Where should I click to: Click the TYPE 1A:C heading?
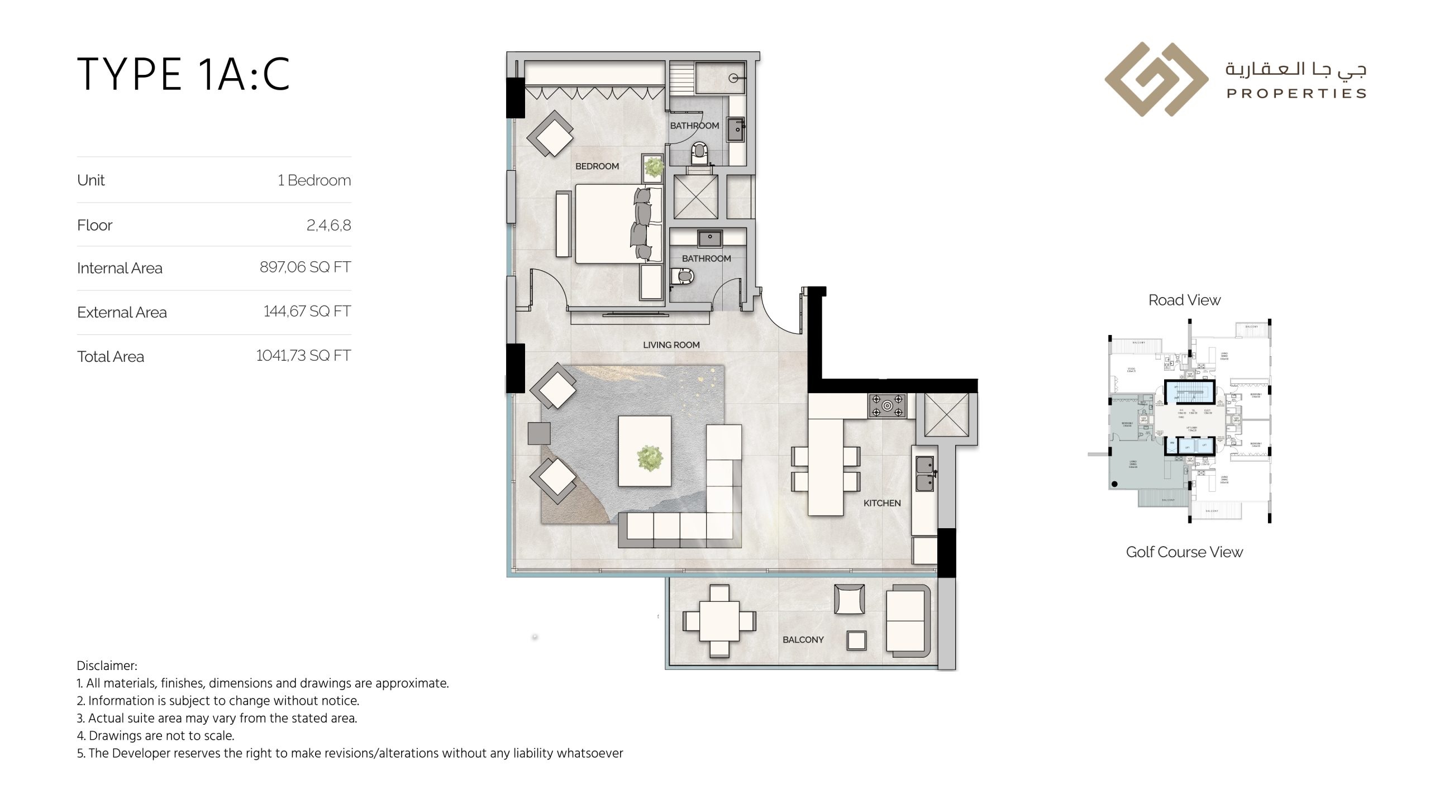pos(183,74)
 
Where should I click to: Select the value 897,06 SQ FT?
pos(305,267)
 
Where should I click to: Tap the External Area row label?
pos(122,313)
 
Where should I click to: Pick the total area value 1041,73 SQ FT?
pos(303,356)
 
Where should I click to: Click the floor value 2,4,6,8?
pos(328,226)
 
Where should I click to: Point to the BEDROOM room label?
pos(597,166)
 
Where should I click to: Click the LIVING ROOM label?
pos(671,345)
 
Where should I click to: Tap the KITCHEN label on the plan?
pos(882,503)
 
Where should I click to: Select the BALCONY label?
pos(803,640)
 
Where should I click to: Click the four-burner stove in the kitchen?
pos(887,406)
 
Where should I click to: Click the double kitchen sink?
pos(924,474)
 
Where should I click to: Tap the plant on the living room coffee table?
pos(650,458)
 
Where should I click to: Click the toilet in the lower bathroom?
pos(683,276)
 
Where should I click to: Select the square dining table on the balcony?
pos(719,621)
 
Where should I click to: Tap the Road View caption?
pos(1184,300)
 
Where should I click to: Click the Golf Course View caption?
pos(1184,552)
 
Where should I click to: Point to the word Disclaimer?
pos(106,666)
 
